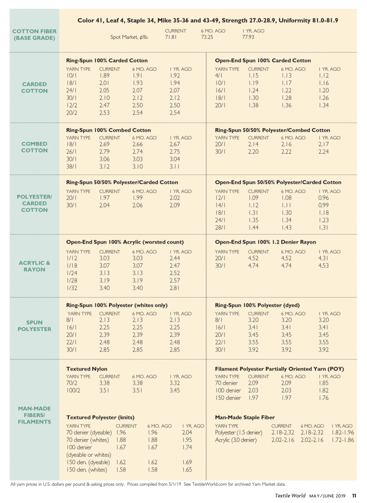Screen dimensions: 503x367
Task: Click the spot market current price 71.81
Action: (171, 37)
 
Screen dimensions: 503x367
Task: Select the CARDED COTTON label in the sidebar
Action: (34, 87)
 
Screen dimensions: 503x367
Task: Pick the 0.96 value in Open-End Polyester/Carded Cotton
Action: (323, 198)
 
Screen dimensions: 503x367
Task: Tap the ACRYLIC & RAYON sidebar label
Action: (34, 266)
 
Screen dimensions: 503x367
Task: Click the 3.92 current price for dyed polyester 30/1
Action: (254, 350)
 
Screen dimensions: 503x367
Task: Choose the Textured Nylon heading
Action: (87, 368)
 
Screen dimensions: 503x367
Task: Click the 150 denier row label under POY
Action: (228, 398)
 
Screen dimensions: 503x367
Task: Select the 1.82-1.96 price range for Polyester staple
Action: (342, 432)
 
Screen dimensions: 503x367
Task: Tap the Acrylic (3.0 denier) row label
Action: (236, 440)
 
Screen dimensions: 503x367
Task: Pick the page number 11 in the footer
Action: (354, 496)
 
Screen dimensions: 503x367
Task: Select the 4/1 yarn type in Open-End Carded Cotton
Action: (219, 76)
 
